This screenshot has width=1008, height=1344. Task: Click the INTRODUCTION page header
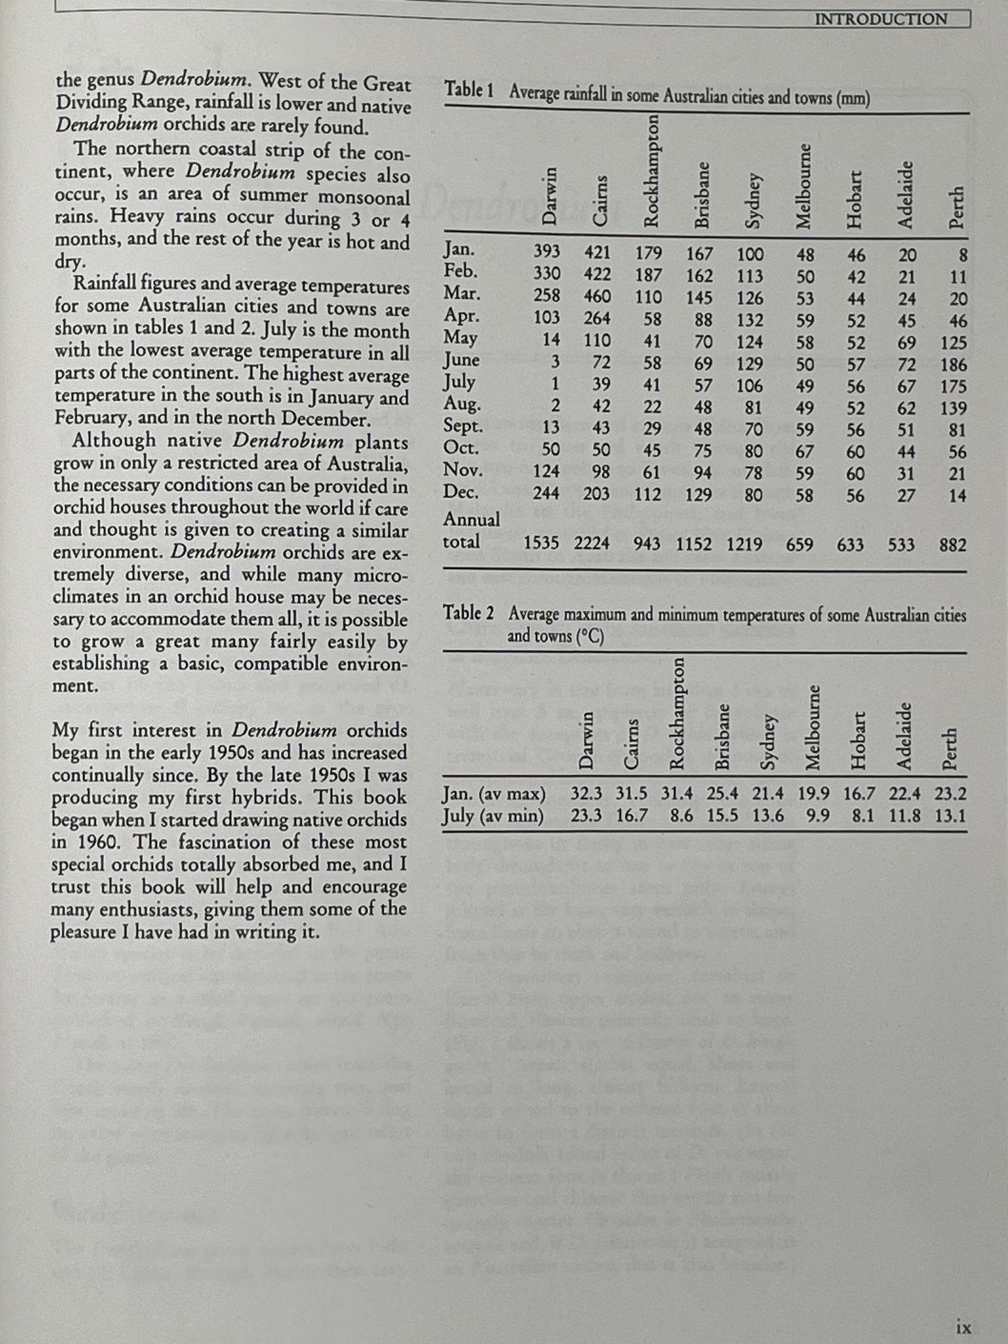pos(882,20)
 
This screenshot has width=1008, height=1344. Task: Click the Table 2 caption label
pos(469,614)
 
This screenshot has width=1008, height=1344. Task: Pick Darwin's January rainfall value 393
pos(546,254)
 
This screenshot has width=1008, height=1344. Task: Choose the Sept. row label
pos(463,426)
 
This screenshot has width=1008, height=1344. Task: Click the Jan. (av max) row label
pos(493,794)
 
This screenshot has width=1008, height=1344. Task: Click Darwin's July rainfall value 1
pos(555,385)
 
